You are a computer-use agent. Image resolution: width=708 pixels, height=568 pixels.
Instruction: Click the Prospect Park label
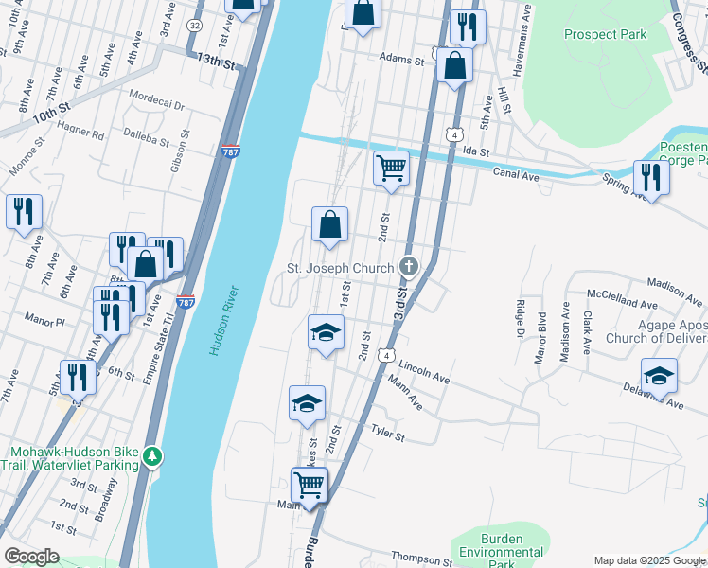[x=605, y=35]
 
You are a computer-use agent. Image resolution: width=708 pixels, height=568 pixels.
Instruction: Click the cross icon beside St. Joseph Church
[x=409, y=267]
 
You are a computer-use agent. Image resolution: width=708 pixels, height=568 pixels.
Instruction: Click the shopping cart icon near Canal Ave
[x=391, y=169]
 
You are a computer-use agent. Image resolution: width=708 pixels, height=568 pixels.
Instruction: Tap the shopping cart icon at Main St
[x=310, y=486]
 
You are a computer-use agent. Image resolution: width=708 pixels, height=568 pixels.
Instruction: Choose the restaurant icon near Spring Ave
[x=650, y=176]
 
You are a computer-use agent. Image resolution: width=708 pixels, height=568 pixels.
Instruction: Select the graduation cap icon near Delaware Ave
[x=659, y=375]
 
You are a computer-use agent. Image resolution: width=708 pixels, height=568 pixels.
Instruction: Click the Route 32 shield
[x=194, y=24]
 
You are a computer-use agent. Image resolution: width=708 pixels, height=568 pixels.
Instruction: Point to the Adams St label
[x=401, y=59]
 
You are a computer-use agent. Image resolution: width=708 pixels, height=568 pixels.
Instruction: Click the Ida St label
[x=476, y=151]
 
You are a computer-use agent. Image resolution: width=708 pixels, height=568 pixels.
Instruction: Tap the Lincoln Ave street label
[x=423, y=370]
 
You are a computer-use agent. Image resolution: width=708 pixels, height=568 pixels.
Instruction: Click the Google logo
[x=32, y=556]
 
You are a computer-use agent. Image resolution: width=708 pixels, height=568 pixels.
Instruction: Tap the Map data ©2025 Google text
[x=648, y=560]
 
